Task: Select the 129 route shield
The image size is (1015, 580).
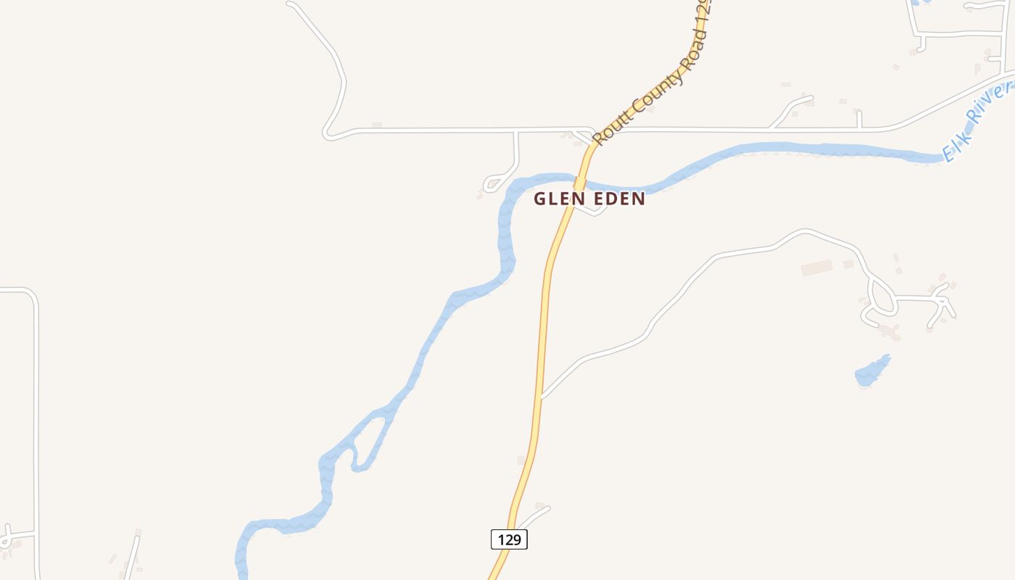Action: pyautogui.click(x=509, y=539)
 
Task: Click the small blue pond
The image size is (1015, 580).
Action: pyautogui.click(x=872, y=371)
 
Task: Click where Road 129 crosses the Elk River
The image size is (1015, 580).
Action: pyautogui.click(x=579, y=182)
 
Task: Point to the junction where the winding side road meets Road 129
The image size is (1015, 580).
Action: pyautogui.click(x=542, y=397)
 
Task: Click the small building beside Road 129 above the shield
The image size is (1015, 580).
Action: pyautogui.click(x=521, y=460)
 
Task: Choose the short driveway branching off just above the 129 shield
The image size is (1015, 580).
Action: pyautogui.click(x=533, y=515)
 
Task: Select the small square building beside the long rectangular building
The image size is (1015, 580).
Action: pyautogui.click(x=848, y=264)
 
